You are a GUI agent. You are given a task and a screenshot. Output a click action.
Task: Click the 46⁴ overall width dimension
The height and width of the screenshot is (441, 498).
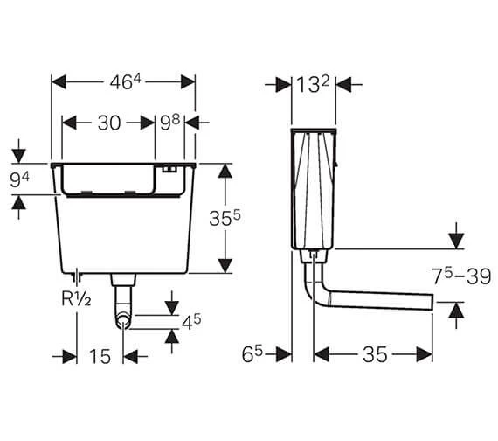125,82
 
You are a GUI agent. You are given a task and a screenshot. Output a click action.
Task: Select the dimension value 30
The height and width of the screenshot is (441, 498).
109,122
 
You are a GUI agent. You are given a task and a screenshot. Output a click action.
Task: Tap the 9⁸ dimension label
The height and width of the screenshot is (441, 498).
169,122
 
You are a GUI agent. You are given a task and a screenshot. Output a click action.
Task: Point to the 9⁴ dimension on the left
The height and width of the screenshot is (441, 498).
20,179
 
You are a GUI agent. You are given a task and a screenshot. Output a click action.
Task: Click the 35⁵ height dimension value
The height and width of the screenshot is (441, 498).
225,218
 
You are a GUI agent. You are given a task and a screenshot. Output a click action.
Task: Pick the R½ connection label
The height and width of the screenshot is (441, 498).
76,299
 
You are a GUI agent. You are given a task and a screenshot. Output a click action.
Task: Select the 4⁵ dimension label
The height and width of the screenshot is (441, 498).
191,322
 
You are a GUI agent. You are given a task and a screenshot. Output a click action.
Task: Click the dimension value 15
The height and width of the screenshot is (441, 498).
100,356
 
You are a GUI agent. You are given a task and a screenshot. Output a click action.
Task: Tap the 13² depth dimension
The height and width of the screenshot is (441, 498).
313,85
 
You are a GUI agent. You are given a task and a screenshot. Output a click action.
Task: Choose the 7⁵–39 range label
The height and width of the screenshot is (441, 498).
462,276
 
